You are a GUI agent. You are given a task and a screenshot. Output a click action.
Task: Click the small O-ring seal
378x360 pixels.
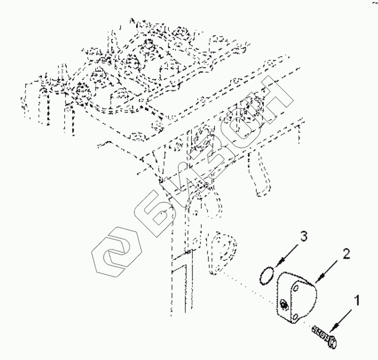point(267,274)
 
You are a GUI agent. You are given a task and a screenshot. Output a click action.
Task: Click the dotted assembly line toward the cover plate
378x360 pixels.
point(248,281)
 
